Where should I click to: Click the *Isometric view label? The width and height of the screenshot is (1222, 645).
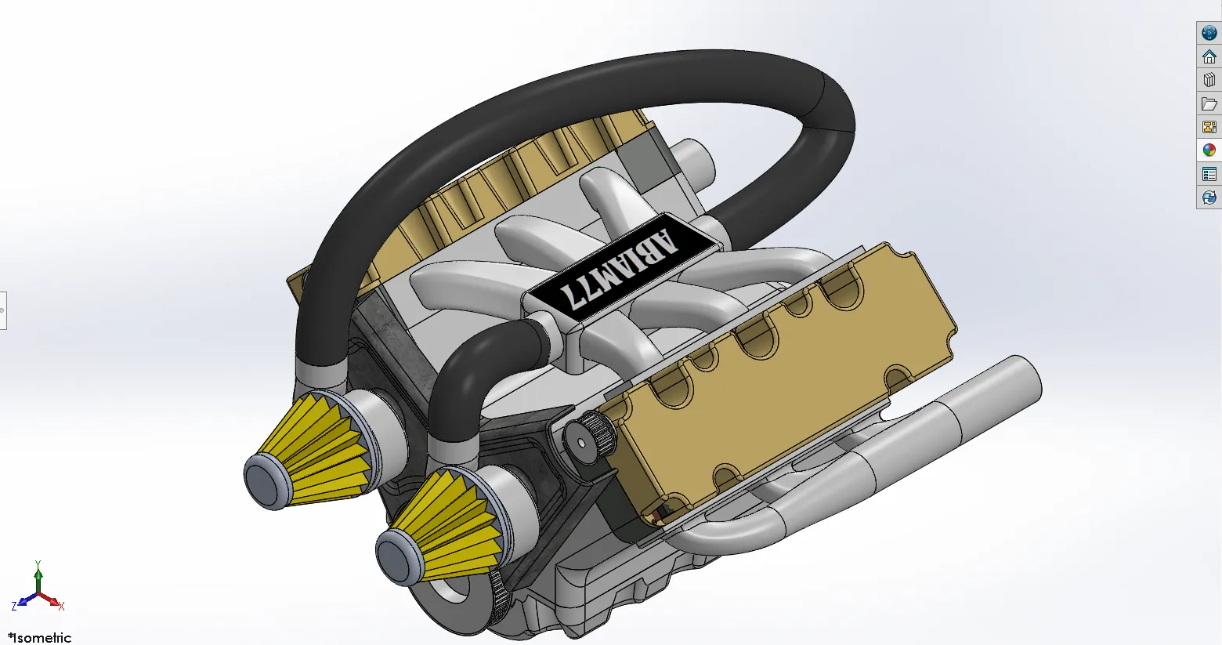pyautogui.click(x=40, y=637)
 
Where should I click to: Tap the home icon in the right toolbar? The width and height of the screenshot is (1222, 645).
pyautogui.click(x=1209, y=56)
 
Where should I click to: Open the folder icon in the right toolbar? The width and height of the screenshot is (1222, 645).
pyautogui.click(x=1209, y=103)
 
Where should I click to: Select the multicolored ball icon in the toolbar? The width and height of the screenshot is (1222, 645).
pyautogui.click(x=1209, y=150)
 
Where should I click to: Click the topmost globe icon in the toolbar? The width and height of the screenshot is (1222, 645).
pyautogui.click(x=1209, y=33)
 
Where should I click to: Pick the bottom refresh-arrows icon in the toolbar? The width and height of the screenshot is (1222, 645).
pyautogui.click(x=1209, y=197)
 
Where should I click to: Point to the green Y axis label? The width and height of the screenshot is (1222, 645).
pyautogui.click(x=38, y=563)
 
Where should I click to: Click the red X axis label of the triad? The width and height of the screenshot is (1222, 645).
pyautogui.click(x=61, y=606)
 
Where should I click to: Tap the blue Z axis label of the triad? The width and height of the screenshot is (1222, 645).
pyautogui.click(x=14, y=607)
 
